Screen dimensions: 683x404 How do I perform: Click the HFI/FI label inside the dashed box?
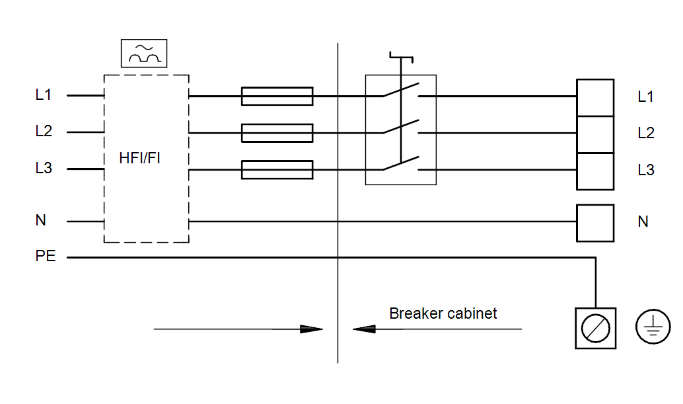tap(139, 158)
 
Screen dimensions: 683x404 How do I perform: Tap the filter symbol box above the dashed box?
tap(144, 53)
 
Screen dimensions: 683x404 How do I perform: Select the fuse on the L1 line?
tap(277, 96)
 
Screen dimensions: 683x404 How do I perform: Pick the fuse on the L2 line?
tap(277, 133)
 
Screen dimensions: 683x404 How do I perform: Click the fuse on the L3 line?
tap(277, 169)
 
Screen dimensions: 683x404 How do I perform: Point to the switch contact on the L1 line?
tap(401, 89)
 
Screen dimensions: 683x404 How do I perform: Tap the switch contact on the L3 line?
tap(401, 163)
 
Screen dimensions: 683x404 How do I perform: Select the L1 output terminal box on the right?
tap(595, 98)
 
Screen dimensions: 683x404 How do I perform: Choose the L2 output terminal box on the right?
tap(595, 135)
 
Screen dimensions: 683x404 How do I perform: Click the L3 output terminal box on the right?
tap(595, 172)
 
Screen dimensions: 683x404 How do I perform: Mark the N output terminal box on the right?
tap(595, 223)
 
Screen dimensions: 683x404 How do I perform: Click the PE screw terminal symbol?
tap(595, 328)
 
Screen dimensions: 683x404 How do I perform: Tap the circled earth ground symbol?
tap(653, 327)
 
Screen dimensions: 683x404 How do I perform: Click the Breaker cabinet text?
tap(443, 313)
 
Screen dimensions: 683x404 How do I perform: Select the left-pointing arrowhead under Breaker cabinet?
tap(364, 329)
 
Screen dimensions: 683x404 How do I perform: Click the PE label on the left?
tap(46, 256)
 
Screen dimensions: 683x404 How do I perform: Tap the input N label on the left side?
tap(40, 220)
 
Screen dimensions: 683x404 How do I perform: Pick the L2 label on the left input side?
tap(44, 131)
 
